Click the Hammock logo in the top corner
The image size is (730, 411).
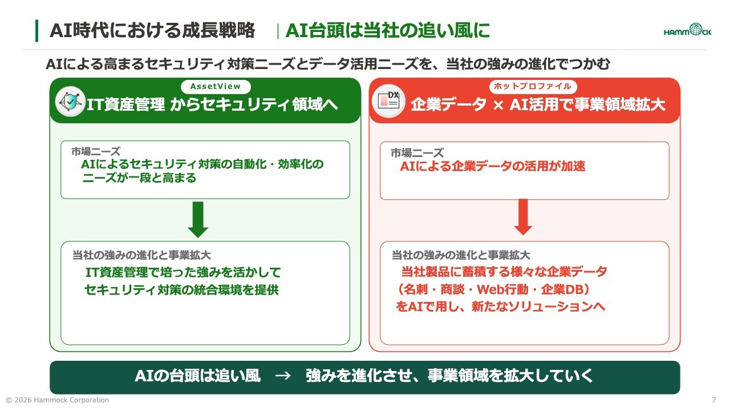click(x=687, y=30)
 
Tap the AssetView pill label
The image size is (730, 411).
click(x=216, y=86)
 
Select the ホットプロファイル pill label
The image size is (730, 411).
click(x=533, y=86)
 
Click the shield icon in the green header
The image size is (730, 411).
click(x=70, y=102)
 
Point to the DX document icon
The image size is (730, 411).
click(x=388, y=101)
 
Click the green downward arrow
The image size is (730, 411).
click(x=198, y=220)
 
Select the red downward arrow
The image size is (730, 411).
click(x=523, y=217)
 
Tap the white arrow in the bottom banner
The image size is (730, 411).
click(x=282, y=376)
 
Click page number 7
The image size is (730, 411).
click(x=713, y=400)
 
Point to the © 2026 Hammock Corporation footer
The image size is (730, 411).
click(x=58, y=400)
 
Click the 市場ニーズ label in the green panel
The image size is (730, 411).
click(x=96, y=151)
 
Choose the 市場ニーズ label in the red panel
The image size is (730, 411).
click(x=417, y=152)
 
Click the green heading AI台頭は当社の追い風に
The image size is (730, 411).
click(x=388, y=30)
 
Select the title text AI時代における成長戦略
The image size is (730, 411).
click(x=152, y=30)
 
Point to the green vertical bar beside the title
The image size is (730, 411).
click(x=37, y=31)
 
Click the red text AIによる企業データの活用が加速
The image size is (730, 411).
click(x=493, y=166)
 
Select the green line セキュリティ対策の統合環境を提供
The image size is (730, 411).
click(x=181, y=289)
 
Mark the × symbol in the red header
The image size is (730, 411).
click(x=498, y=105)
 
